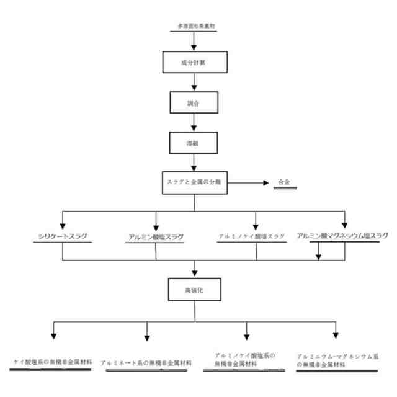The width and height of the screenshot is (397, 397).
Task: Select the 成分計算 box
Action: pos(195,62)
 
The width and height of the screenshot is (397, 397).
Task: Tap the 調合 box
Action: pos(195,102)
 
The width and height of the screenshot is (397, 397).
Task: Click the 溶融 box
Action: pos(195,143)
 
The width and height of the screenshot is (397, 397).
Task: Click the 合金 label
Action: pos(284,183)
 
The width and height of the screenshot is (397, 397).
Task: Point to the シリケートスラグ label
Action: pos(62,236)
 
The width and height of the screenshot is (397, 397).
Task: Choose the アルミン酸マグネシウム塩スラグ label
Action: pos(342,236)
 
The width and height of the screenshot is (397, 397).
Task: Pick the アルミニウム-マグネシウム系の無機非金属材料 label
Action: pos(337,360)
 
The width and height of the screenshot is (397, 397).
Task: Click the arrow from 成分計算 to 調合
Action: pos(195,83)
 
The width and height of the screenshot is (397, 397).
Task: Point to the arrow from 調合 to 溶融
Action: pos(195,123)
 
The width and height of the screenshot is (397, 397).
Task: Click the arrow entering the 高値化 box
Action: pos(195,268)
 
